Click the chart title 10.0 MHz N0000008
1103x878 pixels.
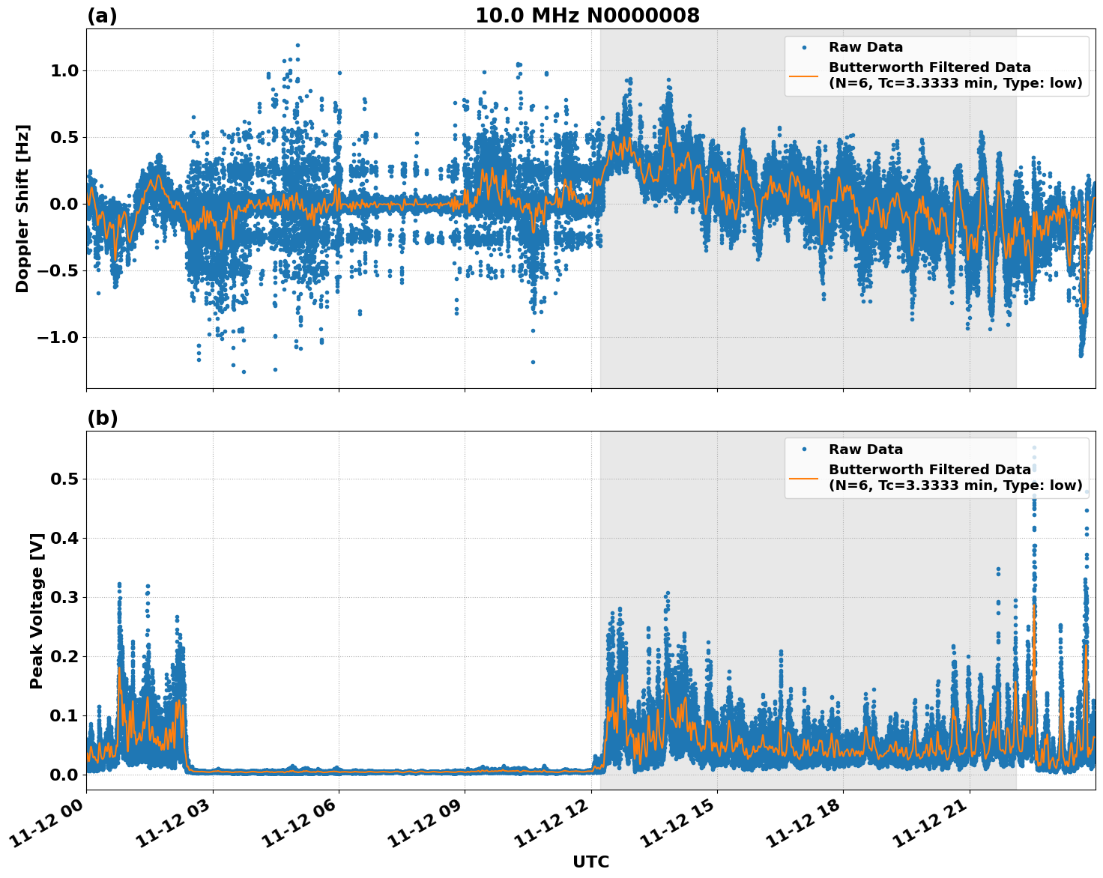pyautogui.click(x=587, y=16)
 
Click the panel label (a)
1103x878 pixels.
pyautogui.click(x=102, y=16)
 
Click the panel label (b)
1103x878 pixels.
pyautogui.click(x=102, y=418)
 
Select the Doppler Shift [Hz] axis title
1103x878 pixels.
pyautogui.click(x=22, y=208)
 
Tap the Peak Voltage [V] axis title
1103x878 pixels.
pyautogui.click(x=37, y=611)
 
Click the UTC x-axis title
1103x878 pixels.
pyautogui.click(x=590, y=862)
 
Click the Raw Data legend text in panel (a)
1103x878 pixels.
pyautogui.click(x=865, y=47)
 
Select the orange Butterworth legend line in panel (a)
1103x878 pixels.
pyautogui.click(x=804, y=76)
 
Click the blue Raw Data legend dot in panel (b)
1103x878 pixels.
pyautogui.click(x=804, y=449)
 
